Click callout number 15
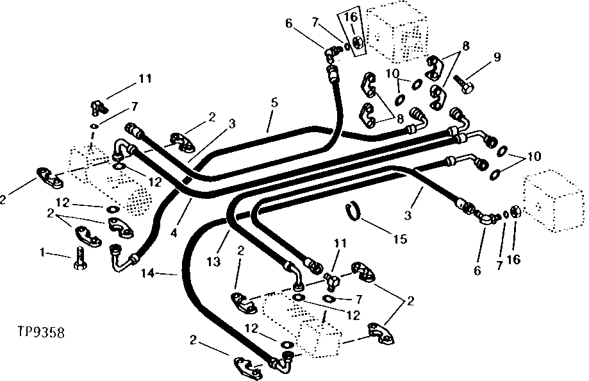(x=399, y=241)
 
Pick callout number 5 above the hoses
(x=274, y=102)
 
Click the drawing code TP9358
(x=40, y=333)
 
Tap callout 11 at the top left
(x=145, y=79)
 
